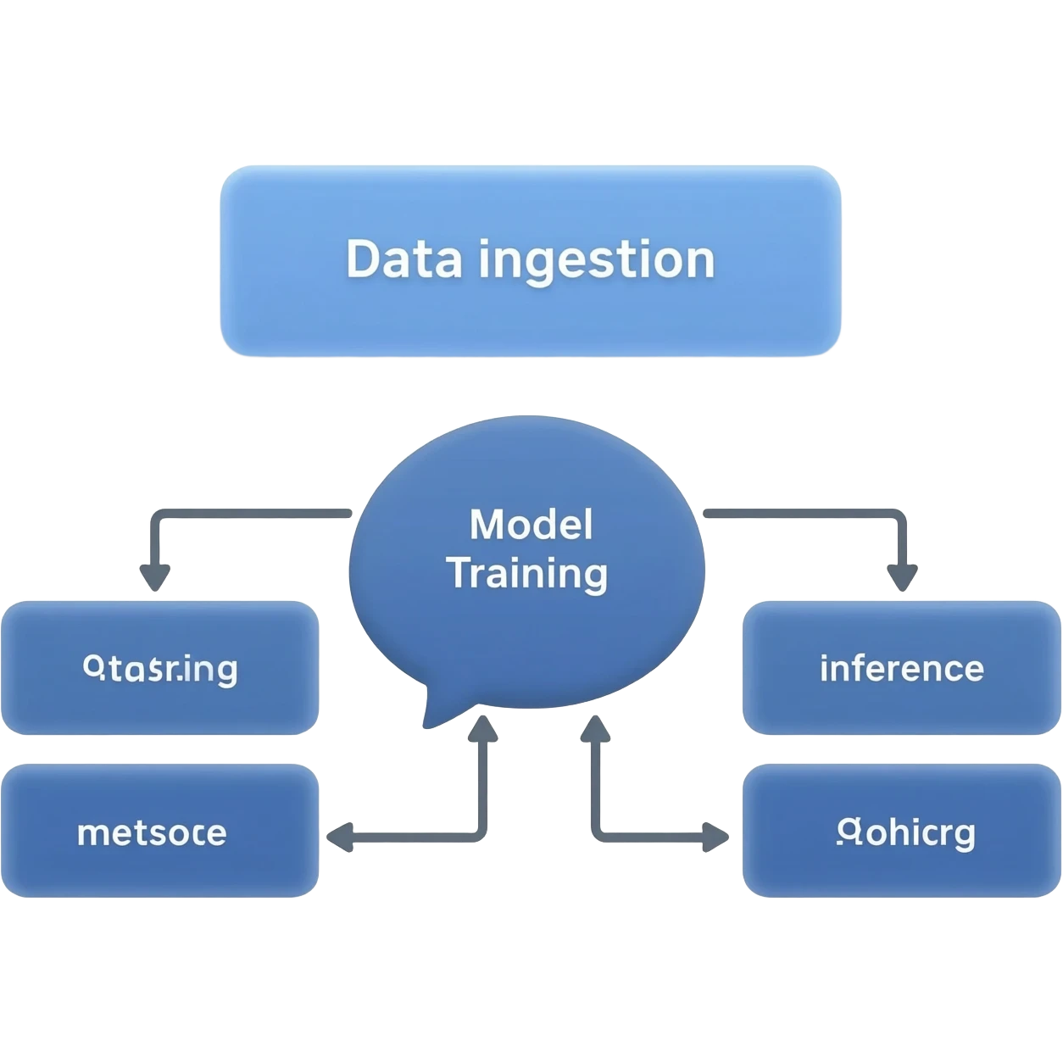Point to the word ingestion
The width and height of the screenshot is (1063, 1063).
(x=597, y=261)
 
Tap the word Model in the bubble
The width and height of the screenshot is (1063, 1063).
(x=531, y=525)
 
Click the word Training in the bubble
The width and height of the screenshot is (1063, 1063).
(x=527, y=574)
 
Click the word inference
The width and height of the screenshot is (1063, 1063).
(x=901, y=669)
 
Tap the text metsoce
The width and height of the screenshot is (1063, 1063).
(x=152, y=832)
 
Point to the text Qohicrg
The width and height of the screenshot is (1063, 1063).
(x=904, y=833)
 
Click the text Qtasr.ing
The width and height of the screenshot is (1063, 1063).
(x=160, y=670)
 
